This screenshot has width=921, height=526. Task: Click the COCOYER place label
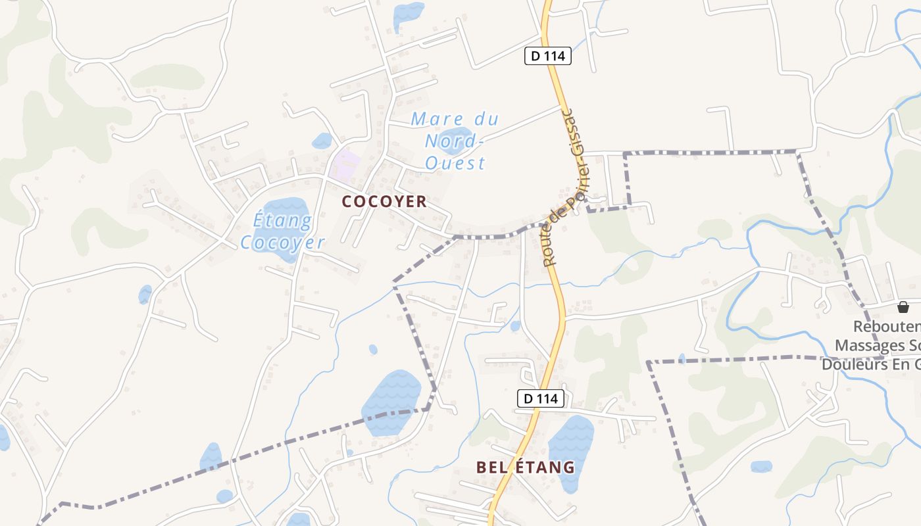tap(384, 202)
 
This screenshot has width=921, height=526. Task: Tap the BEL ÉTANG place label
tap(525, 467)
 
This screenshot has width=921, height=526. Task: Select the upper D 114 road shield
tap(547, 56)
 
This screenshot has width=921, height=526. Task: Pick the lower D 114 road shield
tap(541, 398)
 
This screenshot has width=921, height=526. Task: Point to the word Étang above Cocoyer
tap(282, 220)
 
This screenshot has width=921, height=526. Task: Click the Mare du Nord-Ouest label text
tap(455, 141)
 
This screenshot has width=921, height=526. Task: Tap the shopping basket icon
tap(903, 307)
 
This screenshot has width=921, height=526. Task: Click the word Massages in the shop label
tap(872, 345)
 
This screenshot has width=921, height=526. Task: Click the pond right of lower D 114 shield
tap(570, 450)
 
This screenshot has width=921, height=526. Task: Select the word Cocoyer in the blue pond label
tap(282, 243)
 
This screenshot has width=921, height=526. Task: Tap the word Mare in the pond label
tap(434, 120)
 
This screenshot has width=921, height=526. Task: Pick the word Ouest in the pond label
tap(455, 162)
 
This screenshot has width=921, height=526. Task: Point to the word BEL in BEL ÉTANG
tap(491, 467)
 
